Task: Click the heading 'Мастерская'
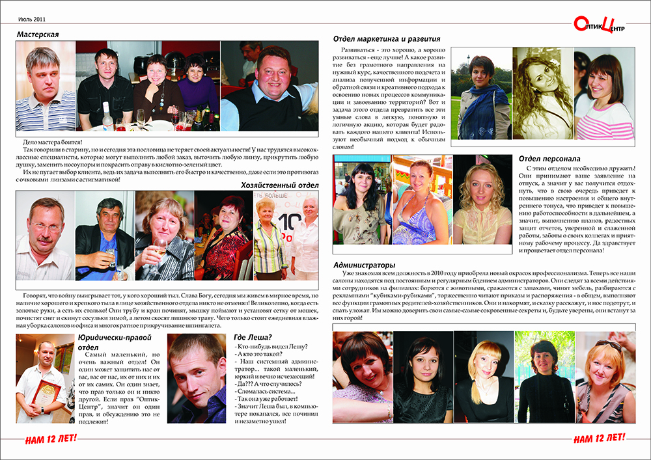[38, 34]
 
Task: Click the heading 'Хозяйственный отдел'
[278, 185]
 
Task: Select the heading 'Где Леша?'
[252, 337]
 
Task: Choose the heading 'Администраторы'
[364, 265]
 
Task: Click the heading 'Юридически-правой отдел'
[115, 342]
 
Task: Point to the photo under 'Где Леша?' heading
[197, 377]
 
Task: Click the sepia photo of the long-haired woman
[542, 93]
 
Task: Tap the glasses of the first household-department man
[44, 228]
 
